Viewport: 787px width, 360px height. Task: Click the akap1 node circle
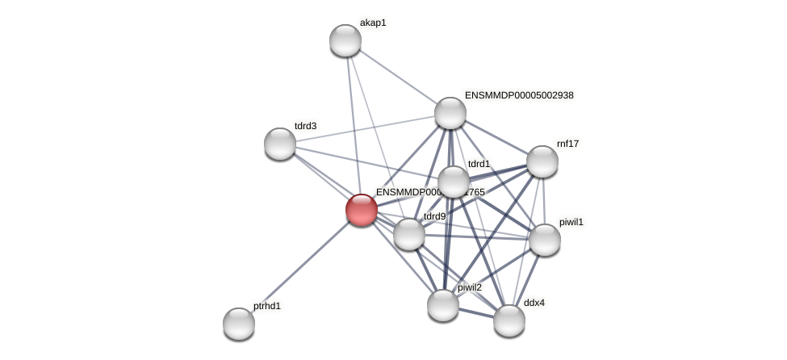pyautogui.click(x=345, y=40)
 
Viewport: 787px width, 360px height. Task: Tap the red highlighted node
pyautogui.click(x=361, y=210)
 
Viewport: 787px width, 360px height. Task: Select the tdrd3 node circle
pyautogui.click(x=280, y=144)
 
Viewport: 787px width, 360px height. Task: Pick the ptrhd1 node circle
pyautogui.click(x=239, y=324)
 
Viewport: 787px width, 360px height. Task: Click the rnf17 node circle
pyautogui.click(x=542, y=161)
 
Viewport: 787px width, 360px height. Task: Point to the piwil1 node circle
pyautogui.click(x=545, y=240)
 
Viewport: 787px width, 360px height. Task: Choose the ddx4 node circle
pyautogui.click(x=509, y=320)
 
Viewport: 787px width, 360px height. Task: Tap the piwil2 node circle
pyautogui.click(x=443, y=305)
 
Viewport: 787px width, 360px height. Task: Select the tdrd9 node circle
pyautogui.click(x=409, y=234)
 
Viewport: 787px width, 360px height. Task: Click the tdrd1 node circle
pyautogui.click(x=454, y=182)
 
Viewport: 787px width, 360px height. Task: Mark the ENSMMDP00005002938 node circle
pyautogui.click(x=450, y=113)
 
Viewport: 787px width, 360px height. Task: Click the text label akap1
pyautogui.click(x=373, y=23)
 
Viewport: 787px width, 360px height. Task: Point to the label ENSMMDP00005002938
pyautogui.click(x=519, y=95)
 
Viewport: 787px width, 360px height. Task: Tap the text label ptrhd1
pyautogui.click(x=267, y=306)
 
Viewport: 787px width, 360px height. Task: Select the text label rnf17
pyautogui.click(x=567, y=144)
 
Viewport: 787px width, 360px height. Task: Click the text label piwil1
pyautogui.click(x=571, y=221)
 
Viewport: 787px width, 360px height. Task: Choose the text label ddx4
pyautogui.click(x=534, y=303)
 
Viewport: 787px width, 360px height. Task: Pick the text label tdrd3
pyautogui.click(x=305, y=126)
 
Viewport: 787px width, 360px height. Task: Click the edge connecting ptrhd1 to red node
pyautogui.click(x=300, y=266)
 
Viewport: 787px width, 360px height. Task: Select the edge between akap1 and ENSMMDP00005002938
pyautogui.click(x=398, y=77)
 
